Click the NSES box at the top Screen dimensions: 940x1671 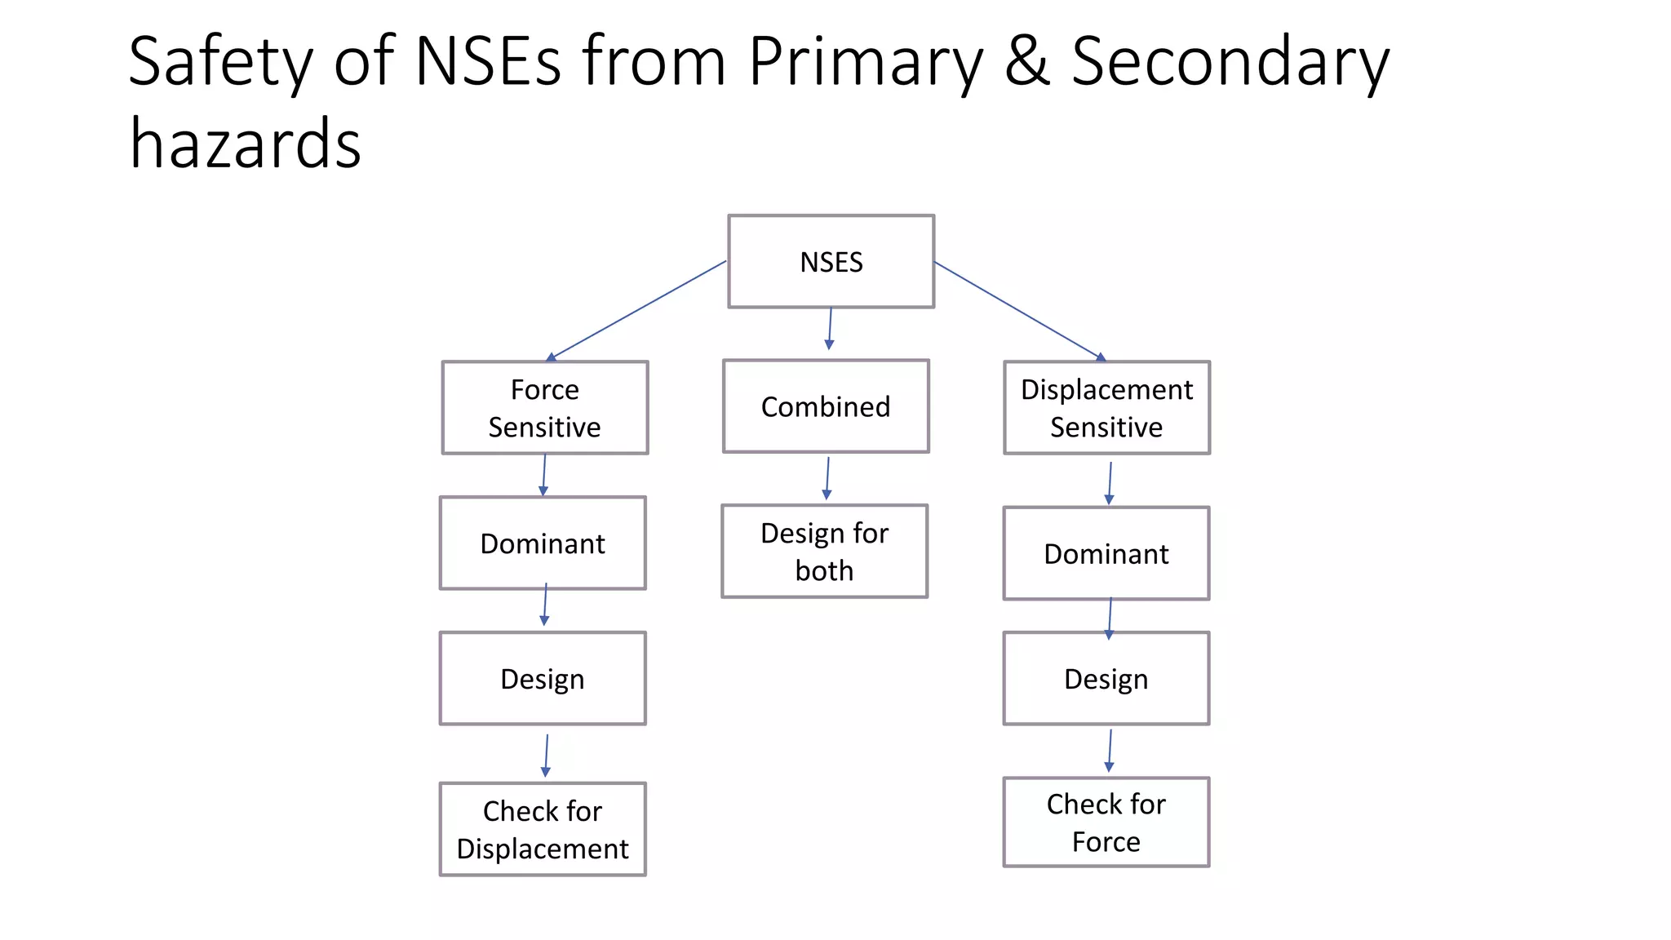[831, 262]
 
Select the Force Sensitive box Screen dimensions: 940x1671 [545, 408]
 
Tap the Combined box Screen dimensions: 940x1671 [826, 406]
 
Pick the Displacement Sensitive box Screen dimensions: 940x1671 [1106, 408]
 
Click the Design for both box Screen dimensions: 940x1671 [824, 552]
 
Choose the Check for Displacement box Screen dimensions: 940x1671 [543, 829]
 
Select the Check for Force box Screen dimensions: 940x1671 [1106, 822]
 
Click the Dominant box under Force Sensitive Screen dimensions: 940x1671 [543, 543]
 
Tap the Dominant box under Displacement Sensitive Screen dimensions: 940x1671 [1106, 554]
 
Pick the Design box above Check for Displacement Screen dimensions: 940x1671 [543, 679]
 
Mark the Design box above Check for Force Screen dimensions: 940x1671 [1106, 679]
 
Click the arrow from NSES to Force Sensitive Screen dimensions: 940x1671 [636, 310]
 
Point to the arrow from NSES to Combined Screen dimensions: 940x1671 [830, 329]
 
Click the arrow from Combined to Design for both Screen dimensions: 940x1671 [827, 478]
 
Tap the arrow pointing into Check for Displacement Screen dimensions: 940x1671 [546, 756]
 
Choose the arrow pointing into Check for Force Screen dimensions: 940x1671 [1110, 751]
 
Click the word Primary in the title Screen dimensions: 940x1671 [865, 62]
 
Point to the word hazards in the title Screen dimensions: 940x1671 [245, 144]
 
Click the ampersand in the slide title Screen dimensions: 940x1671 [1026, 62]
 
